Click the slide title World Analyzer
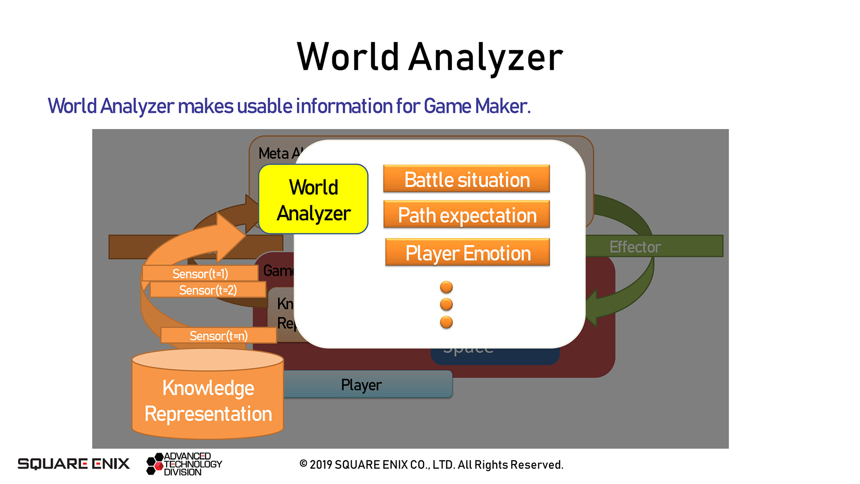click(x=430, y=57)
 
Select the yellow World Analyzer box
click(x=314, y=199)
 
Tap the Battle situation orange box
click(x=467, y=179)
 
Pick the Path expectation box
click(x=467, y=215)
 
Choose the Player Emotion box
click(x=468, y=253)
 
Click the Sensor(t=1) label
click(x=200, y=273)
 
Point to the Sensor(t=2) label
click(x=208, y=290)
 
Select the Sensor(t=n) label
click(x=219, y=336)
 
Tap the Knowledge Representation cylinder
click(x=208, y=399)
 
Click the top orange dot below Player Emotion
click(x=446, y=287)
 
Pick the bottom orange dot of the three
click(x=446, y=322)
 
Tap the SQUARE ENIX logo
click(x=73, y=463)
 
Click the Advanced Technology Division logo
click(x=185, y=464)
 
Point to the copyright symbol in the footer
click(x=303, y=464)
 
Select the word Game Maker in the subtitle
click(x=477, y=106)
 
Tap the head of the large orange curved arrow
click(x=230, y=233)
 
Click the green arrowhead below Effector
click(x=593, y=309)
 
